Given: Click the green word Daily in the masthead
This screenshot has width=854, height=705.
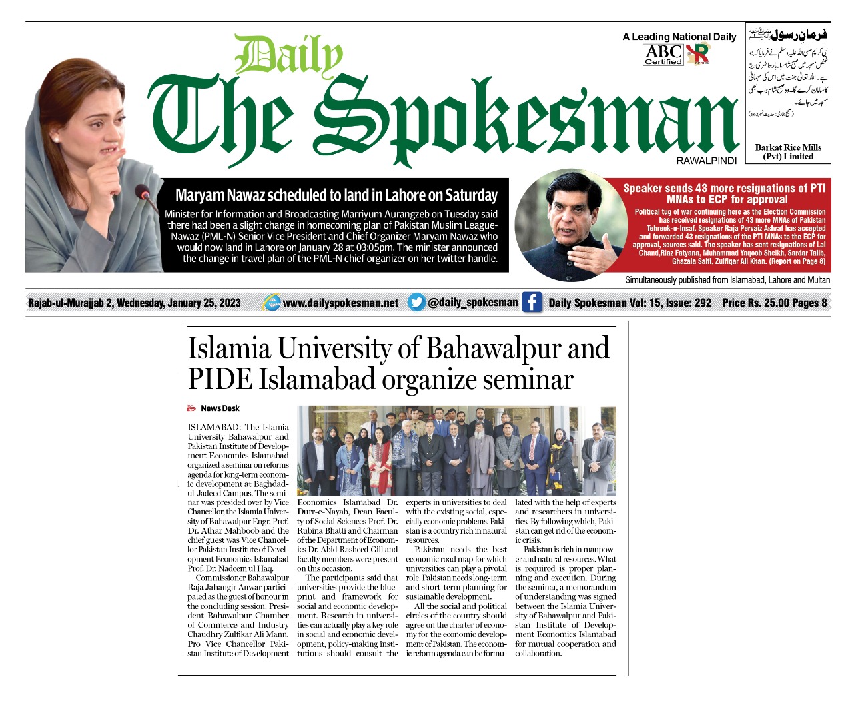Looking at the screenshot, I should [x=288, y=55].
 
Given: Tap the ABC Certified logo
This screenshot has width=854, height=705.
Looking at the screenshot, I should [x=663, y=54].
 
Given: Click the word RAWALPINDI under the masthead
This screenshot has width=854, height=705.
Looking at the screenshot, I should [x=706, y=161].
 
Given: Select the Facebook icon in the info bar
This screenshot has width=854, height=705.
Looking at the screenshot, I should [x=531, y=302].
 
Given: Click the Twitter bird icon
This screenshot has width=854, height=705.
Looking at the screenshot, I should [x=416, y=302].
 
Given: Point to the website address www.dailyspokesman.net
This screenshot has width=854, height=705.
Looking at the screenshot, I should [x=340, y=303].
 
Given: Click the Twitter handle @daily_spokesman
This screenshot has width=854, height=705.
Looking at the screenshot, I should [x=472, y=302].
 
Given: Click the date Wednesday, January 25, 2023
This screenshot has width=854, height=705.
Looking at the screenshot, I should [x=178, y=303].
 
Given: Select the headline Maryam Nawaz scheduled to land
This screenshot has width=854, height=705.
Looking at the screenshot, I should [x=336, y=195].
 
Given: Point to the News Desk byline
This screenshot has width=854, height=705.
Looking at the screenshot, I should [x=220, y=408].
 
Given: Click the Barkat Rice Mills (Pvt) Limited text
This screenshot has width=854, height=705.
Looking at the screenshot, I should [x=788, y=152].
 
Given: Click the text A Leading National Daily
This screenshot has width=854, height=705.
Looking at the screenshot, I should [x=679, y=37].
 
